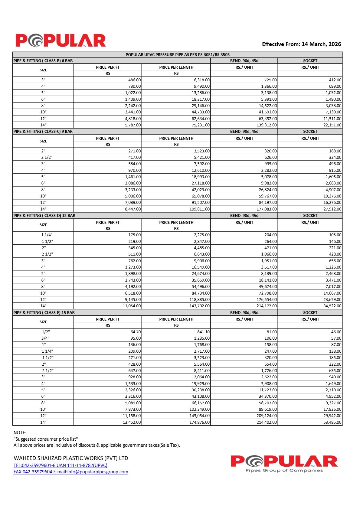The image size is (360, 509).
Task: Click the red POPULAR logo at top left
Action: (x=61, y=41)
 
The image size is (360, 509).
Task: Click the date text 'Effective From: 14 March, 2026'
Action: (x=301, y=44)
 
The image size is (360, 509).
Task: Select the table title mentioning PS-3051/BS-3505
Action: (x=178, y=55)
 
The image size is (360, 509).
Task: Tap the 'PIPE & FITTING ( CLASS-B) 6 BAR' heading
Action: (x=43, y=61)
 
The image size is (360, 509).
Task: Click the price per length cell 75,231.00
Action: (x=201, y=125)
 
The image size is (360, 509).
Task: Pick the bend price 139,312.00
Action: (x=267, y=125)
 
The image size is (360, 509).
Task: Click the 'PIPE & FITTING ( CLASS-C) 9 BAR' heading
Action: (x=43, y=132)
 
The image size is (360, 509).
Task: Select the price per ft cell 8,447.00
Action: (x=133, y=209)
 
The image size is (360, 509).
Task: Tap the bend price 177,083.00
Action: (x=267, y=209)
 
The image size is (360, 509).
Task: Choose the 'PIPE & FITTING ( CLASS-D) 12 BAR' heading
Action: (x=44, y=216)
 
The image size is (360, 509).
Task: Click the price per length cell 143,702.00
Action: (x=199, y=306)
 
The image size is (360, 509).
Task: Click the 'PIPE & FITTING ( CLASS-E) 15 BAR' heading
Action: (x=44, y=313)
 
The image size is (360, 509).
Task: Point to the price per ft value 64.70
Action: (x=136, y=332)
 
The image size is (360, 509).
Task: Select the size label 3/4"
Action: (x=45, y=338)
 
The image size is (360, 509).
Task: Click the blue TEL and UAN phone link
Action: (x=61, y=465)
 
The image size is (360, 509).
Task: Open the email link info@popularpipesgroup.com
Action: (x=91, y=472)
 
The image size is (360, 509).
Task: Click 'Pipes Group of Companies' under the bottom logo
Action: (x=284, y=470)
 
